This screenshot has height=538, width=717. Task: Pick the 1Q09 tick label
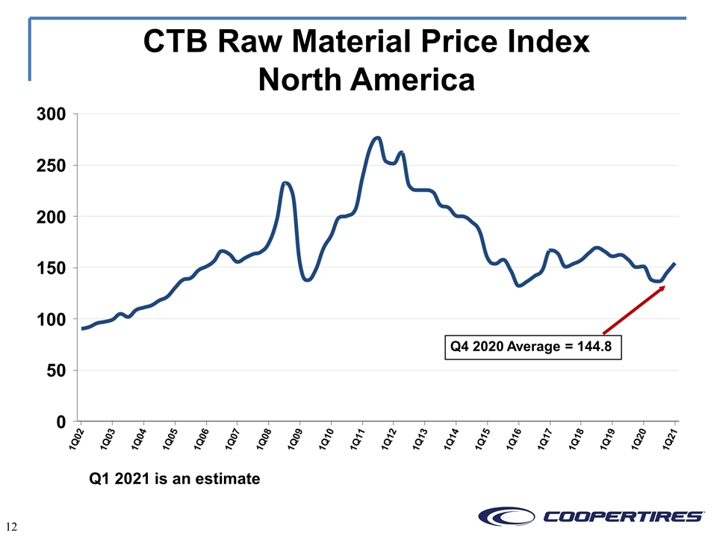coord(295,440)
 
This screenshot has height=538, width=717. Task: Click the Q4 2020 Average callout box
coord(533,347)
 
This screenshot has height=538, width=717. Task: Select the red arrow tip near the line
coord(663,287)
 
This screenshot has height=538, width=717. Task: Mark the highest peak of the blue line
coord(377,137)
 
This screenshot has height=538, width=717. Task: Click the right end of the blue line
coord(674,263)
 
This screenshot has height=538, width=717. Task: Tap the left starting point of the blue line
coord(82,329)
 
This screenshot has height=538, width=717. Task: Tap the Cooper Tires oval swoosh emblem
coord(506,516)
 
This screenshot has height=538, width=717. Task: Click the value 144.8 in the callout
coord(595,347)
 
